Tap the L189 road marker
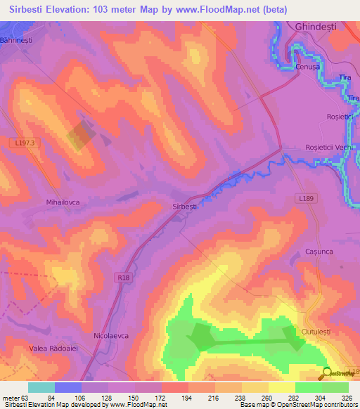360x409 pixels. tap(305, 199)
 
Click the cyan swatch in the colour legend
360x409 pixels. tap(41, 387)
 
